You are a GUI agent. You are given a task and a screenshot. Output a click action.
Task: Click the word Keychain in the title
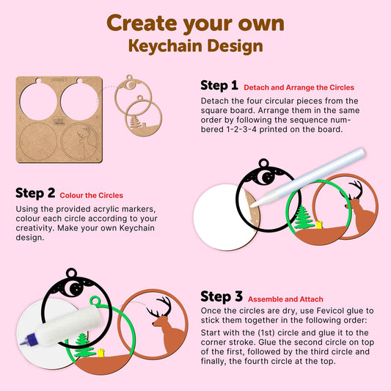pos(165,46)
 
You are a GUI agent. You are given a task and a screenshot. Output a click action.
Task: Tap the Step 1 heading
pos(219,86)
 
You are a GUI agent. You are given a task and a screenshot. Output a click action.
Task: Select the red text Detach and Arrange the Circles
pos(299,87)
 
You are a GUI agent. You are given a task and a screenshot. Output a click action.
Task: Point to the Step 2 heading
pos(35,193)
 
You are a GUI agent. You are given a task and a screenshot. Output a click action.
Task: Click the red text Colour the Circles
pos(91,195)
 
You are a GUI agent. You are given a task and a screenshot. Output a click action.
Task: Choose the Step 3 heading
pos(222,297)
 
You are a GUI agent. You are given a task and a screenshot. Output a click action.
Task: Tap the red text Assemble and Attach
pos(285,299)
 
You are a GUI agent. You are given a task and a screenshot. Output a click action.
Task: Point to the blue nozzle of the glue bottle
pos(27,340)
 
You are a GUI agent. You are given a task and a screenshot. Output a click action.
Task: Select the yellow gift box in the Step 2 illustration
pos(319,224)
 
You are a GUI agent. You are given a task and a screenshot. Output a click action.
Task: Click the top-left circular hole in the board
pos(38,101)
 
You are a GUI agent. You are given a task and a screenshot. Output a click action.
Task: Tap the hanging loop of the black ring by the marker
pos(264,164)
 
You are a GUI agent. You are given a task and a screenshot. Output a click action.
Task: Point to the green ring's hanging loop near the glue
pos(95,301)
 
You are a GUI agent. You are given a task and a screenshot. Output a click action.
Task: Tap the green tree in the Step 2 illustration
pos(303,217)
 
